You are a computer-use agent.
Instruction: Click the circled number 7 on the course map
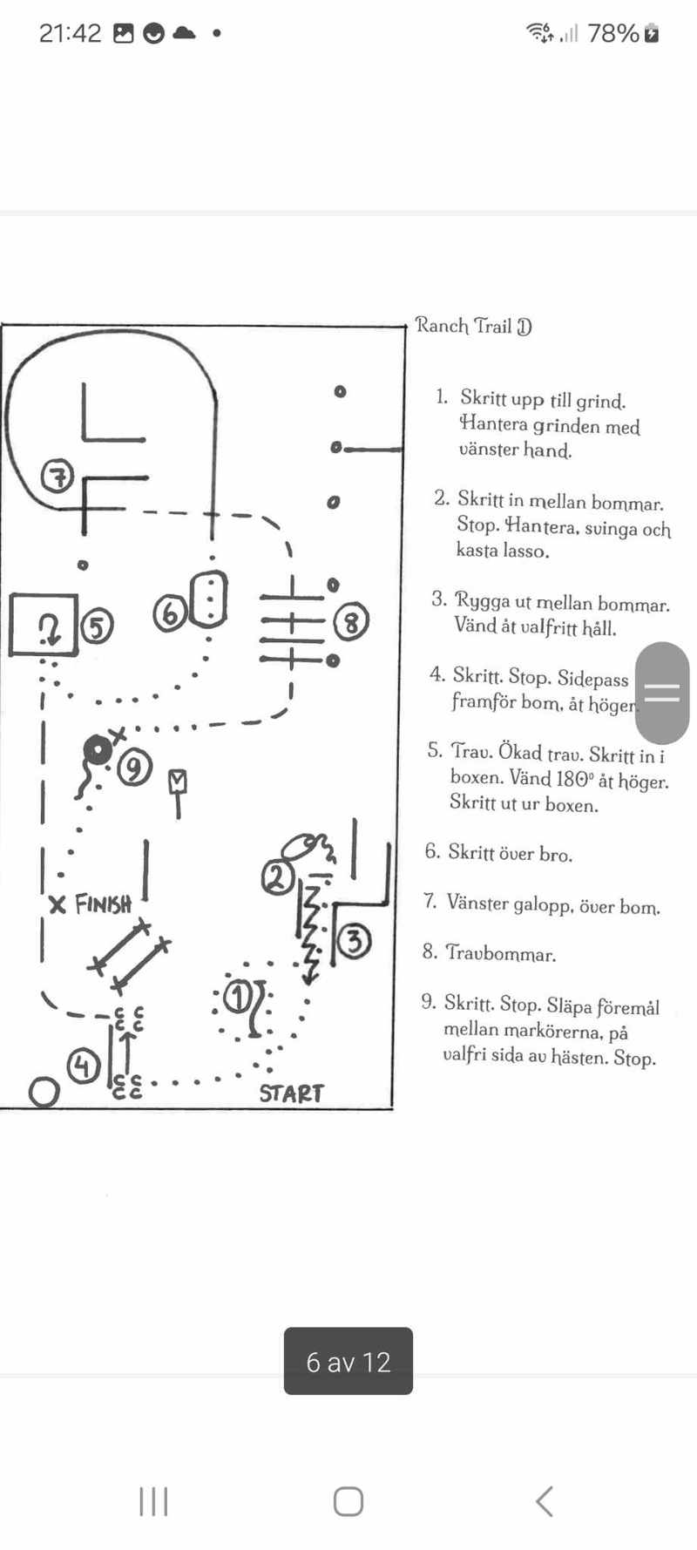[x=58, y=477]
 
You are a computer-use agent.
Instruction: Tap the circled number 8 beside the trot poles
[x=351, y=621]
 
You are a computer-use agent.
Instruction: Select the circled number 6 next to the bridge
[x=170, y=613]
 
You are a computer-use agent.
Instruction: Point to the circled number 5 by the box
[x=97, y=626]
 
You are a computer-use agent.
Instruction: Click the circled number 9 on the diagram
[x=134, y=768]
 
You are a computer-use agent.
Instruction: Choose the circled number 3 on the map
[x=354, y=941]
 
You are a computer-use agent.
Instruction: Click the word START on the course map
[x=291, y=1093]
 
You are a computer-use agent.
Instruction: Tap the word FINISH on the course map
[x=102, y=904]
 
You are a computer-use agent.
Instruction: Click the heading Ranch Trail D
[x=473, y=327]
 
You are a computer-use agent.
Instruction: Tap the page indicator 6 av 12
[x=348, y=1362]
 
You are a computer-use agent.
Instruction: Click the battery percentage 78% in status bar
[x=613, y=34]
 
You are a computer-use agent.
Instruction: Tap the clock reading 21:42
[x=70, y=33]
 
